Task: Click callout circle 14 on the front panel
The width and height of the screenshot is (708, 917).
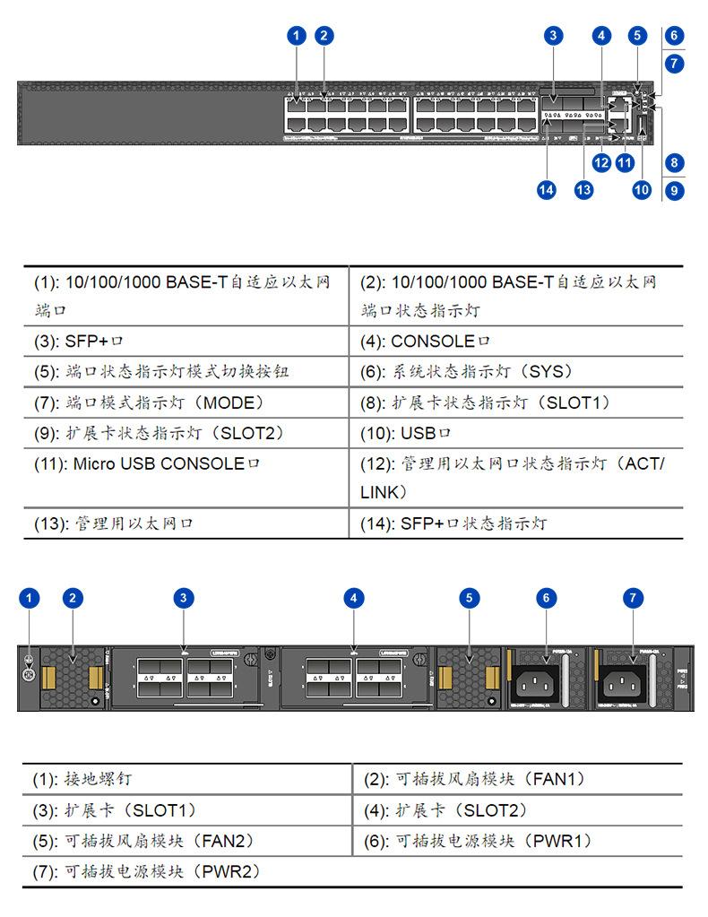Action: click(x=547, y=190)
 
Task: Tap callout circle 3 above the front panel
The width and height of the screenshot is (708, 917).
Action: click(x=554, y=36)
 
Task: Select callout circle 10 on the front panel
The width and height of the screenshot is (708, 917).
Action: click(x=642, y=190)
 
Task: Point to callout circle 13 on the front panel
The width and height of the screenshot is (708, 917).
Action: click(x=584, y=190)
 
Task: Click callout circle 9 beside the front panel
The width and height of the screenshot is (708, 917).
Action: click(x=675, y=190)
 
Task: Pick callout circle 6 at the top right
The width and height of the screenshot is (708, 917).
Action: click(x=675, y=37)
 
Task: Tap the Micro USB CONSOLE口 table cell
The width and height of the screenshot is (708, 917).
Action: click(x=186, y=477)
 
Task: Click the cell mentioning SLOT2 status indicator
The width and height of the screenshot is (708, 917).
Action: click(x=186, y=433)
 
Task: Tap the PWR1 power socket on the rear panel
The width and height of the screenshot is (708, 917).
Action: click(x=539, y=685)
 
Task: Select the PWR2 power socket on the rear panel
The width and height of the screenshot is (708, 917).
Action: click(x=626, y=685)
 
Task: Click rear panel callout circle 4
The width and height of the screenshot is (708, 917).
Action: click(x=355, y=598)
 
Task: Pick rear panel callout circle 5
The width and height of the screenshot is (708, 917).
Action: click(x=470, y=598)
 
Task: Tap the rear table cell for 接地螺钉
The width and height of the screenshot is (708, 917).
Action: click(x=186, y=779)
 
